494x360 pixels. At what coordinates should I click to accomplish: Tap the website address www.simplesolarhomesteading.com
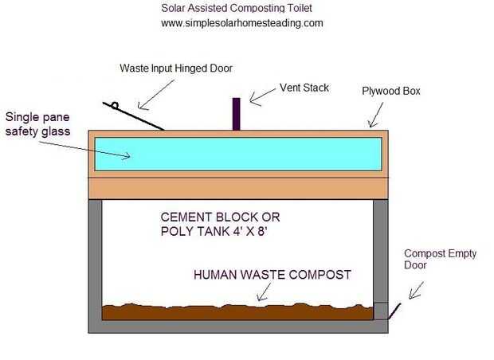click(x=241, y=23)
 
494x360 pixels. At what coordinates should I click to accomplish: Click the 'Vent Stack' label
click(x=304, y=88)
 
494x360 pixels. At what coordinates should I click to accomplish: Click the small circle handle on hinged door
click(x=116, y=106)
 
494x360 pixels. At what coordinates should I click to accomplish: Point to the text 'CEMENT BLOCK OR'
click(x=221, y=217)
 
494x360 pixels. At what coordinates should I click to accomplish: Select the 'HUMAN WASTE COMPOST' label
click(x=272, y=275)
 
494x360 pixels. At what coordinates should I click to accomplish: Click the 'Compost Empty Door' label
click(x=440, y=260)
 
